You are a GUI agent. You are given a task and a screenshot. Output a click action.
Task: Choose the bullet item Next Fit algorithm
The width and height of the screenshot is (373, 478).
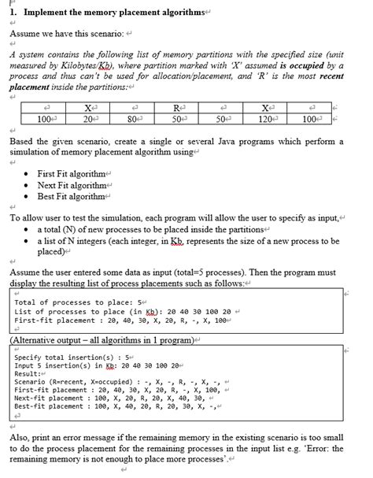(72, 185)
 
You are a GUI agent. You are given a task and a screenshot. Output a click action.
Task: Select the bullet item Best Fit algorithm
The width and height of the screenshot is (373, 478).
(72, 196)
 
